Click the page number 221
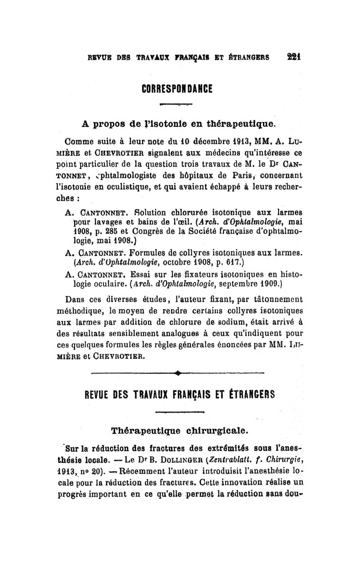(294, 57)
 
